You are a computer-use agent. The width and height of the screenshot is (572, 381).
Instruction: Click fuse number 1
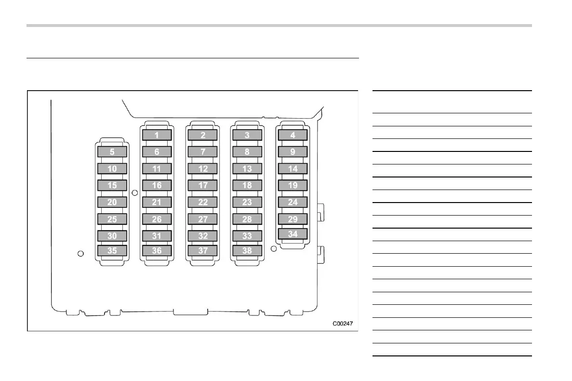[157, 135]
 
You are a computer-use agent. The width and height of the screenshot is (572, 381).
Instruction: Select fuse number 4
[293, 135]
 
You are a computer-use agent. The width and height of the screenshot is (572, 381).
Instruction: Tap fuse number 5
[112, 152]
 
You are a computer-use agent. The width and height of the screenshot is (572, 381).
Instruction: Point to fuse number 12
[203, 169]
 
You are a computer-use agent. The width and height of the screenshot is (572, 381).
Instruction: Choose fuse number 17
[203, 185]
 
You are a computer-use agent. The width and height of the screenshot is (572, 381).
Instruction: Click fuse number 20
[112, 202]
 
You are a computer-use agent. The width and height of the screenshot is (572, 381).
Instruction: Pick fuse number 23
[247, 202]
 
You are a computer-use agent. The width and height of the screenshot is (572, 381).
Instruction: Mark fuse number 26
[157, 219]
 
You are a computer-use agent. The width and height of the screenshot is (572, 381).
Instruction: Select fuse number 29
[293, 219]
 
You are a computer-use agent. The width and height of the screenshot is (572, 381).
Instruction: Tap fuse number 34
[293, 234]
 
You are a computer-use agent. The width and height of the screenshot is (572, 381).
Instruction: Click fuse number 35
[112, 250]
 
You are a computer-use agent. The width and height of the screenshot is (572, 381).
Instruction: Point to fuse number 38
[247, 250]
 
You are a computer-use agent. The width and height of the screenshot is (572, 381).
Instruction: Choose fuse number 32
[203, 236]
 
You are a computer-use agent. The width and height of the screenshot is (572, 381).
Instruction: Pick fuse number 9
[293, 152]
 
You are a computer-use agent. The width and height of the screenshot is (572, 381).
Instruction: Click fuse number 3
[247, 135]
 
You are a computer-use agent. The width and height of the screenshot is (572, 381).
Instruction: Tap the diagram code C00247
[342, 323]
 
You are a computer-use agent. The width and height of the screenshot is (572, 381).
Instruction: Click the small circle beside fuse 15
[135, 192]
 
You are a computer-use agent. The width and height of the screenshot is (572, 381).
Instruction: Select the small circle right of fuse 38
[274, 249]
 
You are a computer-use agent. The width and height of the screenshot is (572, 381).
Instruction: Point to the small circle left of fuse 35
[81, 253]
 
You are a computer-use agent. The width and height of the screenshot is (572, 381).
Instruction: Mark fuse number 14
[293, 169]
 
